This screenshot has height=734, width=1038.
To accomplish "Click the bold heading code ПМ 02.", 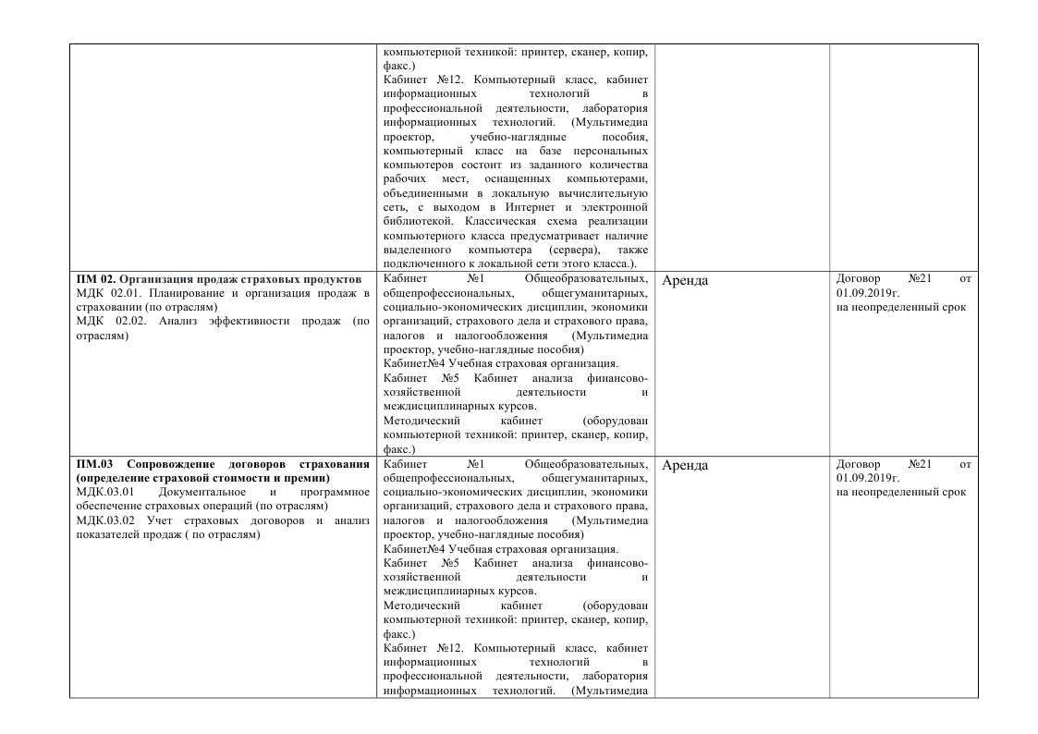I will [x=94, y=278].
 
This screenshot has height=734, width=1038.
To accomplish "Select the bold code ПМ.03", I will [x=96, y=463].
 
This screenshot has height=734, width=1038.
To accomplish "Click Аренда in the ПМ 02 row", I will [x=686, y=280].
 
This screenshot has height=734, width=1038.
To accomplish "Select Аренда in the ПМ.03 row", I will [x=686, y=465].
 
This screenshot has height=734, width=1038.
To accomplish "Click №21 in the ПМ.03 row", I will [x=924, y=463].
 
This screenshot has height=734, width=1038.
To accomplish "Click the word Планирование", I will [x=189, y=293].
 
